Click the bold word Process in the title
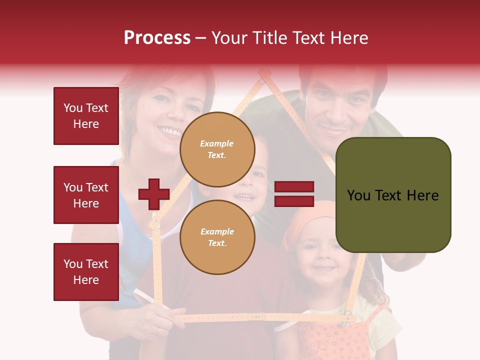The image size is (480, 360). [x=157, y=37]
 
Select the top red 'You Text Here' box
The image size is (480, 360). [x=86, y=116]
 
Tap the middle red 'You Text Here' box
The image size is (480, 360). [x=86, y=195]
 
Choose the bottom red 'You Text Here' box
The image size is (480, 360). [x=86, y=272]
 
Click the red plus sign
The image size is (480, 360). [x=154, y=194]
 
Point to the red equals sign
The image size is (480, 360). [x=294, y=194]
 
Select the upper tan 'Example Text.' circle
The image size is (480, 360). [x=217, y=149]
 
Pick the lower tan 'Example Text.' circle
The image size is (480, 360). [x=217, y=237]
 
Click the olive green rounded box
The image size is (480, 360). [x=393, y=195]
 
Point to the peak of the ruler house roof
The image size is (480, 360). [x=264, y=75]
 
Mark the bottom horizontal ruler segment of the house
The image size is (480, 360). [x=265, y=317]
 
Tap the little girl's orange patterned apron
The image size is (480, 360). [x=335, y=340]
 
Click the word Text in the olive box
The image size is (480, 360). [x=392, y=195]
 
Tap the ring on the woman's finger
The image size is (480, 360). [x=159, y=330]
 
